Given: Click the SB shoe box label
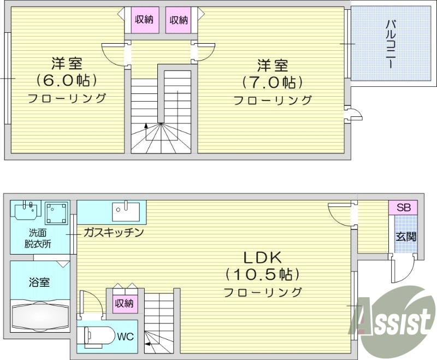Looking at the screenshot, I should pos(403,208).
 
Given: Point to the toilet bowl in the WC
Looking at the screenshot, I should pos(98,335).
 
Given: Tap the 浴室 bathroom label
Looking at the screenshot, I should pos(39,282).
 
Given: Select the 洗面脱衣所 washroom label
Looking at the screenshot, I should pos(38,239).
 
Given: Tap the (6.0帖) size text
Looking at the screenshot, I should pos(67,80).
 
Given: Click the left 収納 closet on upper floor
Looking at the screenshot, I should pos(144,20).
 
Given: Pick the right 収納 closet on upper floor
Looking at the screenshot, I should pos(179,20).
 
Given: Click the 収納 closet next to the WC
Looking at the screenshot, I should pos(125,303).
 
